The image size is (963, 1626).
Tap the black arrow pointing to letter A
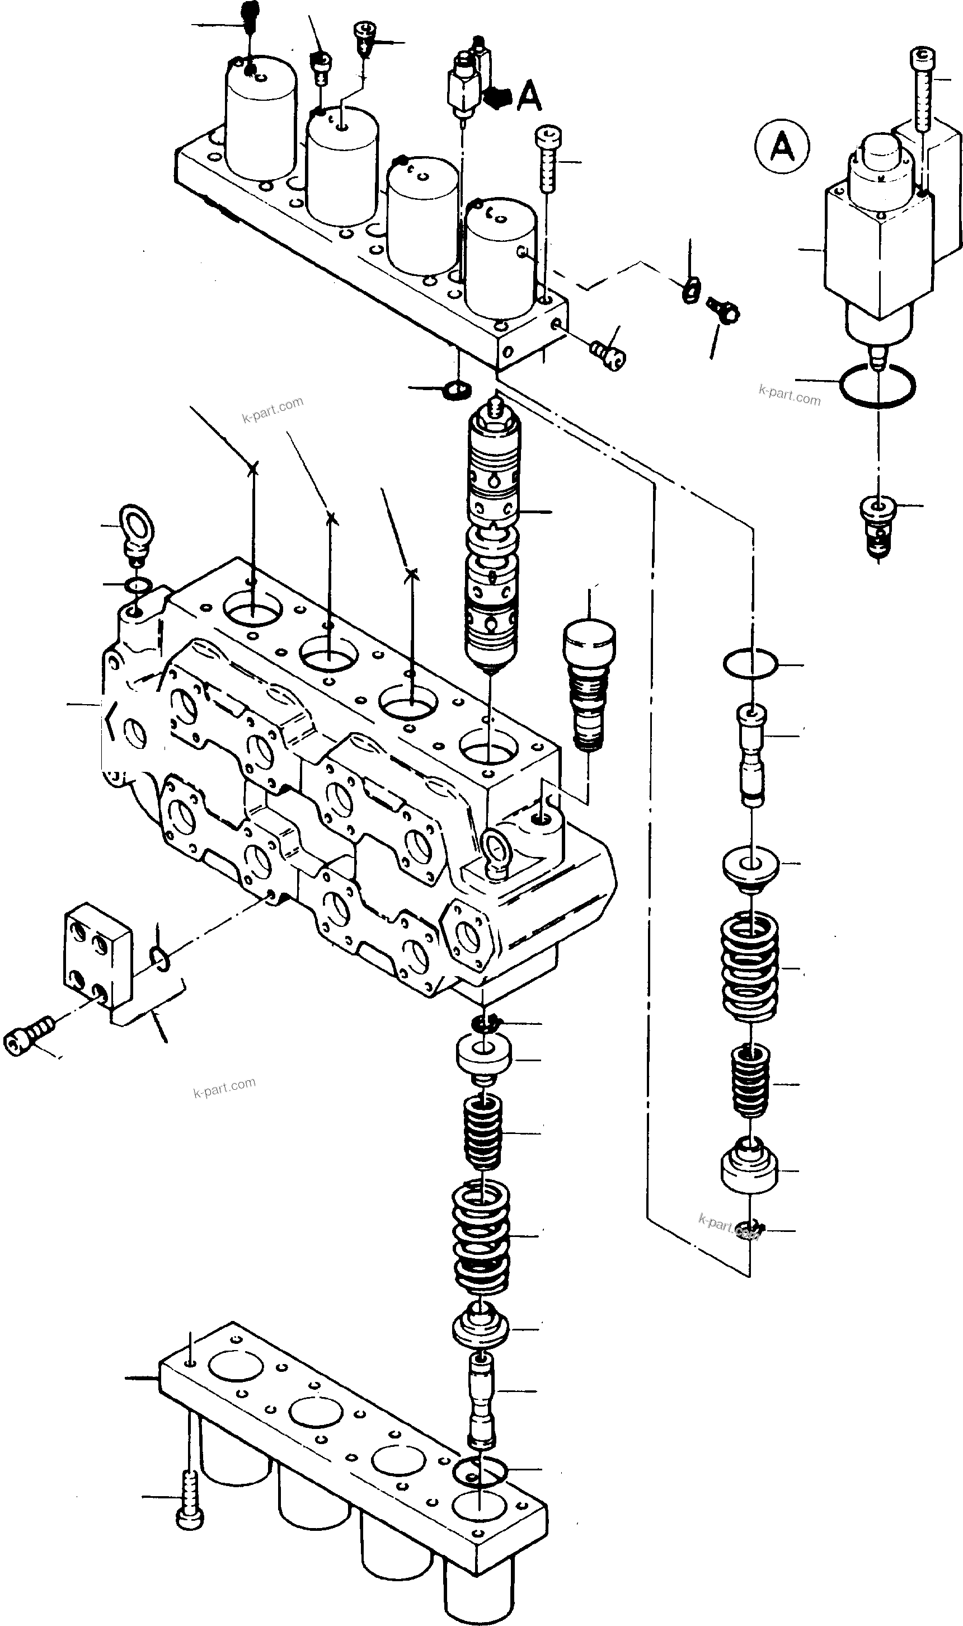tap(497, 97)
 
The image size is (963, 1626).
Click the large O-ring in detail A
tap(877, 386)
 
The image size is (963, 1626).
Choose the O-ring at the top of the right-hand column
tap(749, 663)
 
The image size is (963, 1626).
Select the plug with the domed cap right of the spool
tap(589, 682)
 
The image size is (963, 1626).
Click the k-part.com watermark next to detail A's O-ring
tap(789, 394)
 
